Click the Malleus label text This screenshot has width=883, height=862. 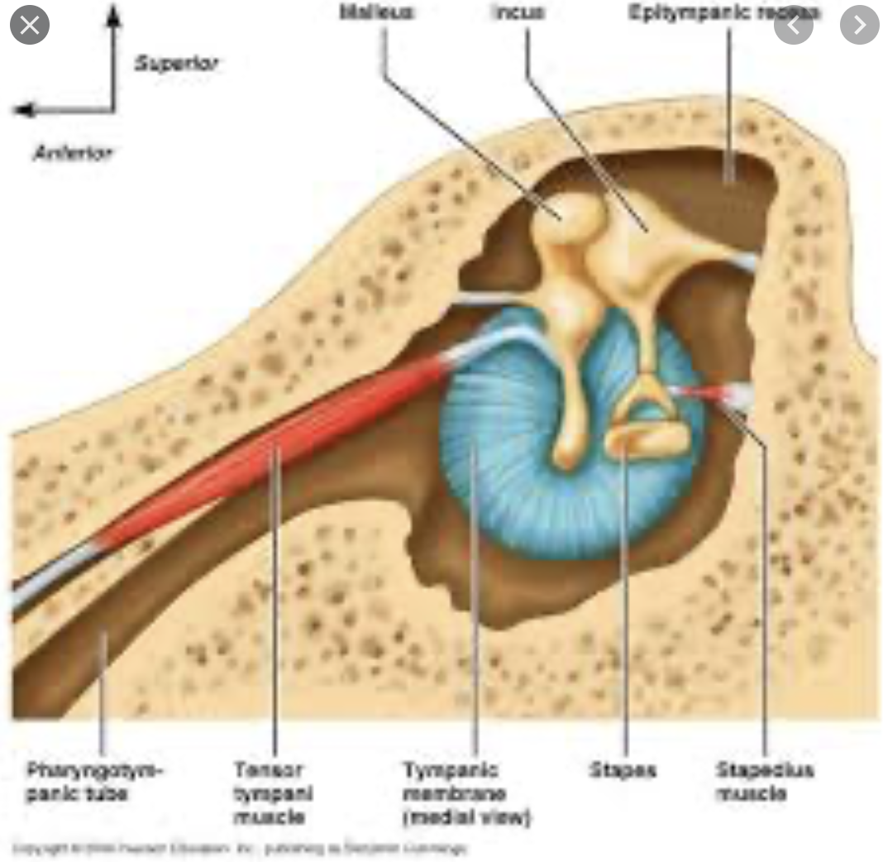(375, 12)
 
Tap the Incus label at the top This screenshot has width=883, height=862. (519, 12)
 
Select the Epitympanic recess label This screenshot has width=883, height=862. (723, 12)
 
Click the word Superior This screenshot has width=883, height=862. (176, 64)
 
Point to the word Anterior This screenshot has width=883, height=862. (73, 152)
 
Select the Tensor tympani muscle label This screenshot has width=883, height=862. (272, 793)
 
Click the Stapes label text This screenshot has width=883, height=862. (623, 770)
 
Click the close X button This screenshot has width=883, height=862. (29, 26)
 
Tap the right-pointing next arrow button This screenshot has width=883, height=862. (859, 26)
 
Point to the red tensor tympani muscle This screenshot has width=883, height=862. (281, 447)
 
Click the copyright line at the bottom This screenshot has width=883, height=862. (240, 848)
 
